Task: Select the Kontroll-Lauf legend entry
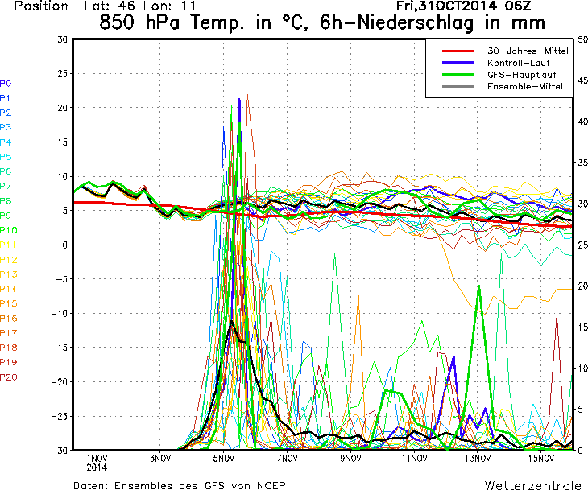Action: pos(515,63)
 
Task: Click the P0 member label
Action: pos(6,84)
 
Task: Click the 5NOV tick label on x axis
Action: pos(224,459)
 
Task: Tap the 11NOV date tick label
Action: pos(414,459)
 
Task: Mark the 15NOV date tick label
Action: pos(541,459)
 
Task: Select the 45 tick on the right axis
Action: pos(583,80)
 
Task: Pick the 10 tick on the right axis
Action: pos(583,368)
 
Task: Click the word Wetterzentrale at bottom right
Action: pos(532,485)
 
